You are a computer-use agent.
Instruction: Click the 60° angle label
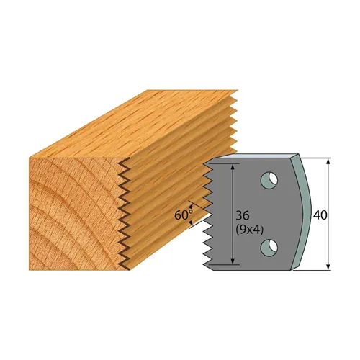coord(183,214)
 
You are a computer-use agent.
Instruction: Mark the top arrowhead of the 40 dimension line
coord(328,160)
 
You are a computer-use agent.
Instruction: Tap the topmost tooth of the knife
coord(209,166)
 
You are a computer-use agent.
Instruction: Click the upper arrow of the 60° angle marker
coord(192,203)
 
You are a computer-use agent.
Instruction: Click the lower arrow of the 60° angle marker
coord(192,224)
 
